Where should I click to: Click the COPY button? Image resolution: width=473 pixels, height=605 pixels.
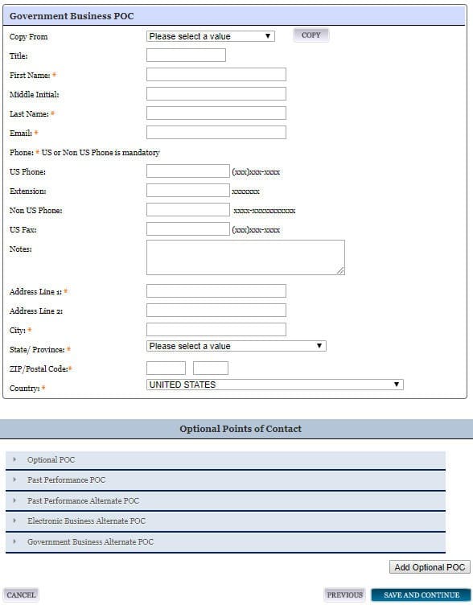coord(311,35)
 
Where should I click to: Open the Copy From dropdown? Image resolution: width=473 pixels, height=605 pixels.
coord(211,36)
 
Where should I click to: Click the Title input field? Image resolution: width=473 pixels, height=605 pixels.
coord(186,56)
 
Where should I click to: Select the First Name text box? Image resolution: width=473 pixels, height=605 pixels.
coord(216,75)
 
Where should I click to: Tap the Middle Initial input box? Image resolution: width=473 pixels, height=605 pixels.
coord(216,94)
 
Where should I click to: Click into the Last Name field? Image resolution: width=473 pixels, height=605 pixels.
coord(216,113)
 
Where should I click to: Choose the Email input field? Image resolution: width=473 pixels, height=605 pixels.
coord(216,133)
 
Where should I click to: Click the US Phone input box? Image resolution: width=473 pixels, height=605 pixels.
coord(187,171)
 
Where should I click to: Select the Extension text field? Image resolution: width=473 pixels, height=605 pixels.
coord(187,191)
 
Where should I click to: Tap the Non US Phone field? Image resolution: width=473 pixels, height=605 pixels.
coord(187,210)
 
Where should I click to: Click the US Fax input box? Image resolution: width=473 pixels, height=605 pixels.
coord(187,229)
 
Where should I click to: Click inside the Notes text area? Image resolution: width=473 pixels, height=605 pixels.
coord(245,257)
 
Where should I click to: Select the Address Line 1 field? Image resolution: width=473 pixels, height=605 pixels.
coord(216,291)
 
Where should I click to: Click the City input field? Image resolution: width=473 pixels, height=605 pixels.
coord(216,330)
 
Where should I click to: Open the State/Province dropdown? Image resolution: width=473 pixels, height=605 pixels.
coord(236,346)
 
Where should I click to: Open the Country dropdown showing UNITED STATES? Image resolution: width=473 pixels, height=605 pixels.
coord(274,385)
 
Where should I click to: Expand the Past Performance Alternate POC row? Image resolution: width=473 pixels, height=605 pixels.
coord(225,500)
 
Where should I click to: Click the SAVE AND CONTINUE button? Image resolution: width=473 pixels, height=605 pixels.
coord(422,595)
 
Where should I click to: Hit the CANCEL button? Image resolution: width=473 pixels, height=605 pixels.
coord(21,595)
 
